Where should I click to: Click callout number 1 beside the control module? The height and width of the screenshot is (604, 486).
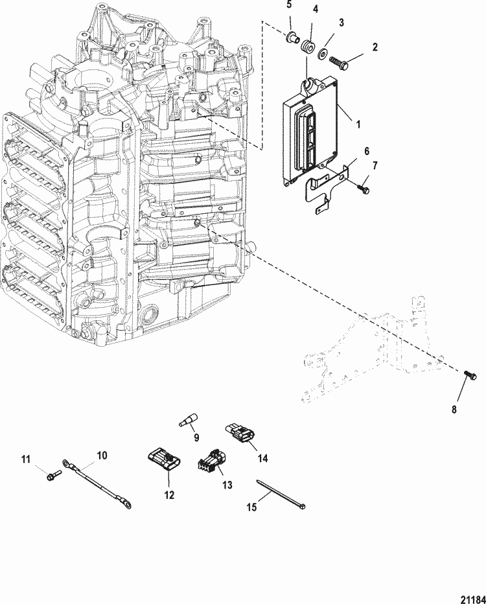point(358,124)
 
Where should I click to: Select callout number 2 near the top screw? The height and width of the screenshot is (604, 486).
point(375,47)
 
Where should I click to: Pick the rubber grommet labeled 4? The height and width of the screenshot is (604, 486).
point(307,43)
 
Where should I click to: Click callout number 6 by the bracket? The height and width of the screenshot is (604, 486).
point(366,152)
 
